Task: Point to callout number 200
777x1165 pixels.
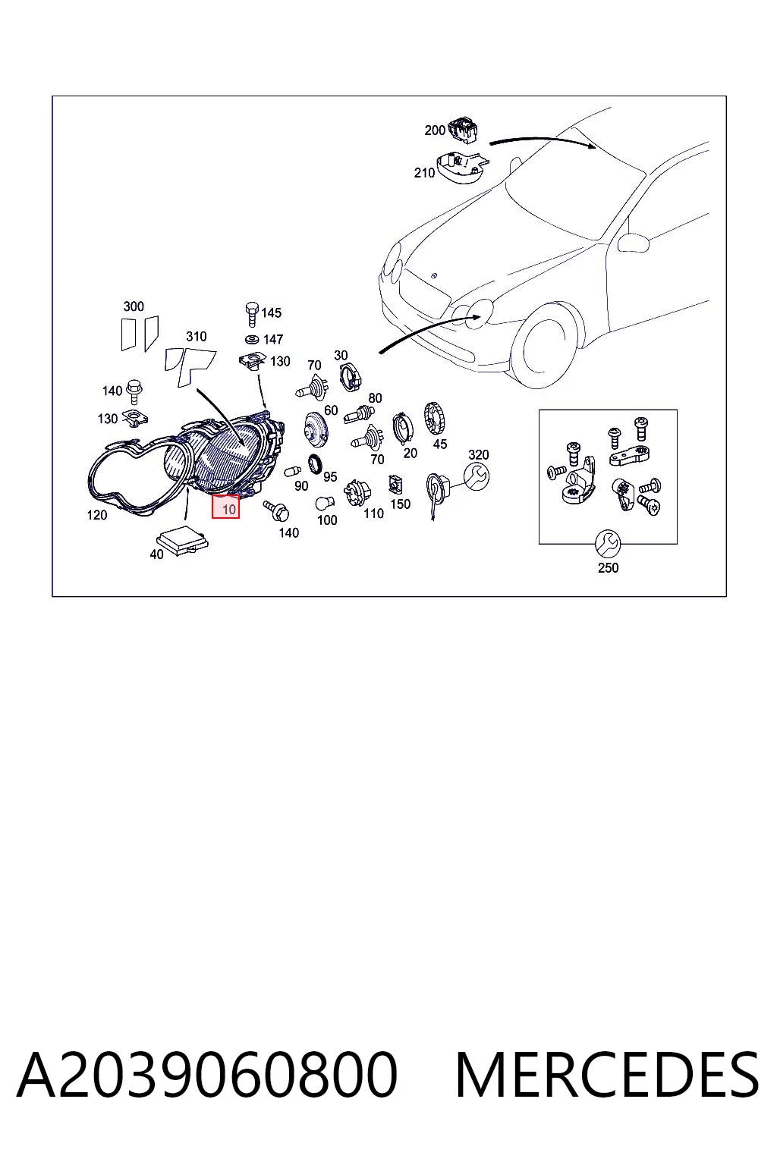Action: click(x=435, y=130)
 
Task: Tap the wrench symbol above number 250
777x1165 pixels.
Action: click(x=608, y=544)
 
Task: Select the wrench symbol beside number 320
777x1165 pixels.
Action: click(x=477, y=476)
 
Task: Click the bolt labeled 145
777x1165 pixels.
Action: click(x=252, y=314)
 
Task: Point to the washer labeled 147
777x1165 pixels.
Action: click(x=252, y=340)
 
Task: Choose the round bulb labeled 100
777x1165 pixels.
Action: click(x=325, y=504)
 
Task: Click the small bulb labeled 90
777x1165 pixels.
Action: click(x=292, y=473)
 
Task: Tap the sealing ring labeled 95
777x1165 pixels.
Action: click(x=315, y=464)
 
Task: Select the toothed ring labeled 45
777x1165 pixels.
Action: click(x=435, y=419)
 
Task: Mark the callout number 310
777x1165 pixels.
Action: click(x=197, y=337)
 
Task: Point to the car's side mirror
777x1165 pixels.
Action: click(x=633, y=243)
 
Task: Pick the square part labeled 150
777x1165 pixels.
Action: click(x=395, y=485)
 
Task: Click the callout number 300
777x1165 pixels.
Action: click(x=134, y=306)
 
